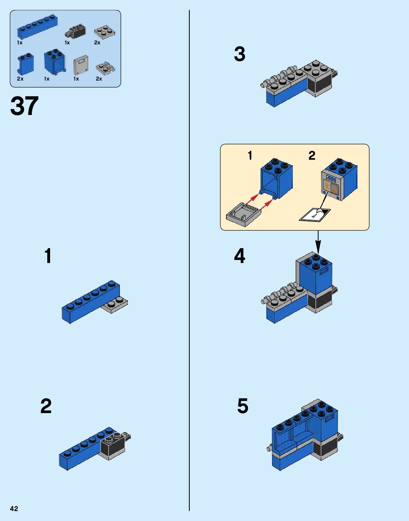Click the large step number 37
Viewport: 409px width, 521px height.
24,106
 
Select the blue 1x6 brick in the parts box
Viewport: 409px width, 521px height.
37,27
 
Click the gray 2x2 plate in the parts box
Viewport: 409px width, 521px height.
104,32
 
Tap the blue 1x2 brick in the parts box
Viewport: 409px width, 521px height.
26,64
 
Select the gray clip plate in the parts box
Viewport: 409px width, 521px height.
106,68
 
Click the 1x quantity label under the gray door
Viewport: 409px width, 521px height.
76,79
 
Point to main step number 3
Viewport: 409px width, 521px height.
240,54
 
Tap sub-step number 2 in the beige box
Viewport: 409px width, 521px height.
312,155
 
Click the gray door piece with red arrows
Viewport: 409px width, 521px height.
244,215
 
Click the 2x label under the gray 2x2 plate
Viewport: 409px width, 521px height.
97,43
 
